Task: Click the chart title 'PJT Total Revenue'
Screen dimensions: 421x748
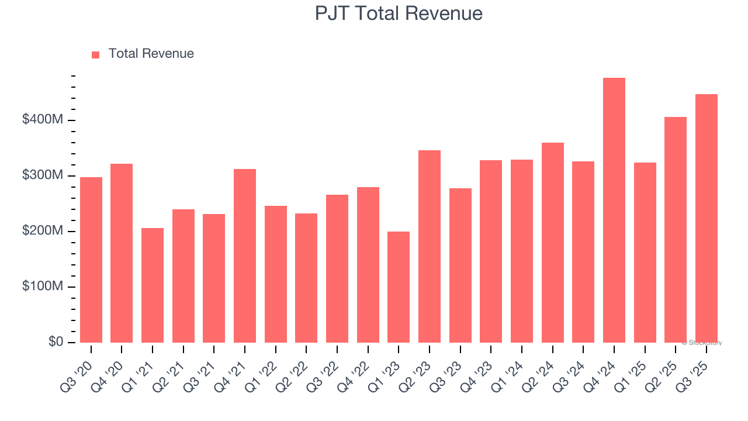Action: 399,13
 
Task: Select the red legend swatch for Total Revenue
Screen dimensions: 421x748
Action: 96,54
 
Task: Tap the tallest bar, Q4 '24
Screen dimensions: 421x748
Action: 614,210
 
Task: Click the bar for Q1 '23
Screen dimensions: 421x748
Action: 399,287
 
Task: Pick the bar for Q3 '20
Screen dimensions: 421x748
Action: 91,260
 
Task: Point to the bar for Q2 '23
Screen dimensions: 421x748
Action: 430,246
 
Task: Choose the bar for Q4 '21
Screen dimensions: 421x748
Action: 245,256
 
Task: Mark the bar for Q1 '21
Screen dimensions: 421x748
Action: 153,285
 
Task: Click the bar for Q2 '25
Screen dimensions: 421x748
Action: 676,230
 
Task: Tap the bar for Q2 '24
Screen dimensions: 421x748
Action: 552,243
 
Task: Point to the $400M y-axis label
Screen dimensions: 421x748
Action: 43,120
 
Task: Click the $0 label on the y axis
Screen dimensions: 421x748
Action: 56,342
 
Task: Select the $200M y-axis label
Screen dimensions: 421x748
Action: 43,231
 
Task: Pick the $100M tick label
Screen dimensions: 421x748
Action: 43,287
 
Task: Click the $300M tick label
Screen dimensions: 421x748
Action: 43,175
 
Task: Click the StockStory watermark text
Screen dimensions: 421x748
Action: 702,343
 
